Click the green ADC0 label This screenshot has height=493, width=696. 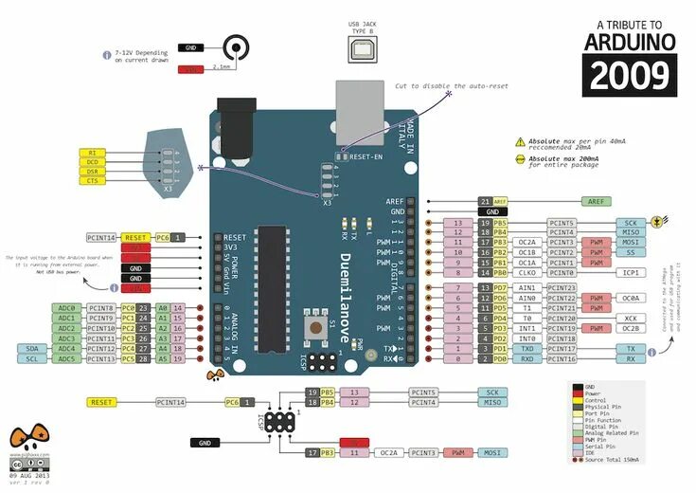(x=66, y=308)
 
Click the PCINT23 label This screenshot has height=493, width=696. (x=562, y=287)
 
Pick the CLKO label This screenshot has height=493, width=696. (x=526, y=272)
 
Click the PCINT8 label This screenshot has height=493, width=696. (x=101, y=308)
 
